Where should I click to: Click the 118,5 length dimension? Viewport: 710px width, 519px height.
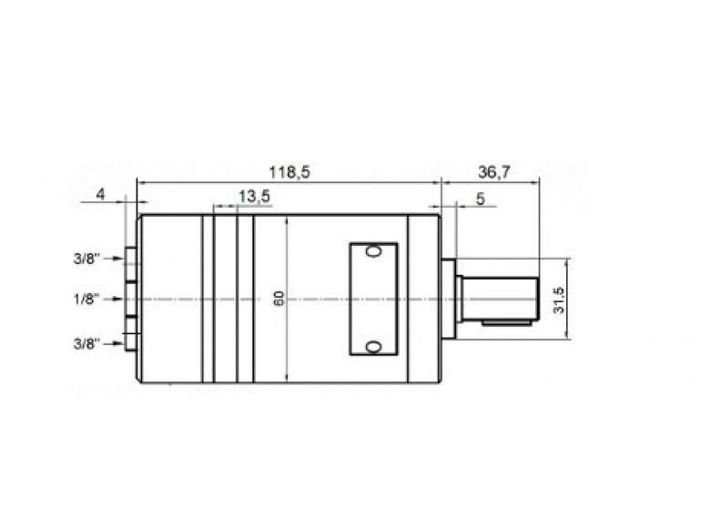pos(289,172)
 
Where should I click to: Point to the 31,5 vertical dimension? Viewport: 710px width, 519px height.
pos(560,300)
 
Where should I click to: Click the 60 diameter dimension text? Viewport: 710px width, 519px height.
pos(279,299)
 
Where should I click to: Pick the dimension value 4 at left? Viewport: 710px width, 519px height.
pos(102,194)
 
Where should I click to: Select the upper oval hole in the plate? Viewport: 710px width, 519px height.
pos(371,252)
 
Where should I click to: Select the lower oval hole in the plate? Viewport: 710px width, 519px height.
pos(371,346)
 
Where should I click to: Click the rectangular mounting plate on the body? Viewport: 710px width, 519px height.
pos(373,299)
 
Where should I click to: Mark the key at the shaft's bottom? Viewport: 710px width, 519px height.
pos(508,321)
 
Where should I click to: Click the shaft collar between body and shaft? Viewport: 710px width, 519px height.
pos(448,299)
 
